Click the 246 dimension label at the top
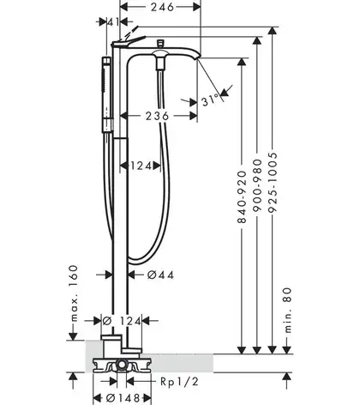tap(162, 7)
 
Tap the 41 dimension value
tap(113, 21)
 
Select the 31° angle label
tap(212, 100)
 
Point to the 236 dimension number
tap(158, 116)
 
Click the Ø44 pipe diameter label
tap(160, 275)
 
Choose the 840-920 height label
tap(242, 196)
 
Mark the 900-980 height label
tap(257, 185)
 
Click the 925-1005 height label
tap(273, 183)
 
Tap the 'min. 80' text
tap(288, 311)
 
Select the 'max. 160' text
tap(74, 293)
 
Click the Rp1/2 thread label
tap(179, 382)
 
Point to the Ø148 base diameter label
tap(123, 398)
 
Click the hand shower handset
tap(106, 94)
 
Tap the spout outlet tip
tap(198, 58)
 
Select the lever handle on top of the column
tap(129, 41)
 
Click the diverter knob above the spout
tap(161, 43)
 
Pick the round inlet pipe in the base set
tap(122, 365)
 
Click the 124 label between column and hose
tap(141, 166)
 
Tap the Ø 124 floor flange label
tap(122, 321)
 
